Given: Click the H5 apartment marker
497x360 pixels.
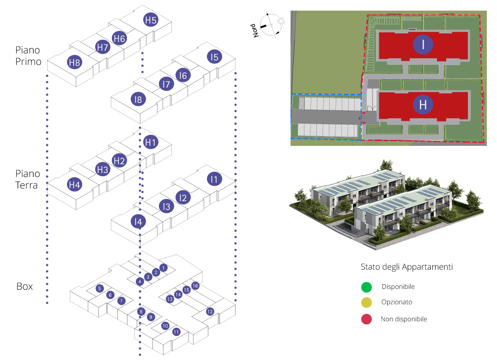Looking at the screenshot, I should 151,20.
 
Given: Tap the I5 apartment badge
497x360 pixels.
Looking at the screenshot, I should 215,57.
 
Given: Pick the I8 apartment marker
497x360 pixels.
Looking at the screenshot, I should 138,99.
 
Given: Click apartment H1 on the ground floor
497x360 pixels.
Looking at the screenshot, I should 151,143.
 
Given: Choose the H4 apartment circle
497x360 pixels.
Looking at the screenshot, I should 74,185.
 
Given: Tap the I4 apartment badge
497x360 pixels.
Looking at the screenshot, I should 138,222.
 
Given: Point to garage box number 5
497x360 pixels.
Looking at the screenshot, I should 99,288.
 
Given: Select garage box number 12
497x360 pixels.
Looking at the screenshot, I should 210,311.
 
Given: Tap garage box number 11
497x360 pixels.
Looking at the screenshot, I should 176,332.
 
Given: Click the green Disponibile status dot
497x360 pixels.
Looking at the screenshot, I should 366,287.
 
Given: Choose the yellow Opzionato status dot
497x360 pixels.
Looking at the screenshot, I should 366,303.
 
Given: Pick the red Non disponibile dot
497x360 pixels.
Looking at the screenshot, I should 366,319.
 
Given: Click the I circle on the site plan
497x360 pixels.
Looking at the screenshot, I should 423,44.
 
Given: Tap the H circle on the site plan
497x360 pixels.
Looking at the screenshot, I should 423,105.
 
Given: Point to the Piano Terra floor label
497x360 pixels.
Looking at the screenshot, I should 28,180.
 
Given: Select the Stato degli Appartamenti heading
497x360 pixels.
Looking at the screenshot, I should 406,267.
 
